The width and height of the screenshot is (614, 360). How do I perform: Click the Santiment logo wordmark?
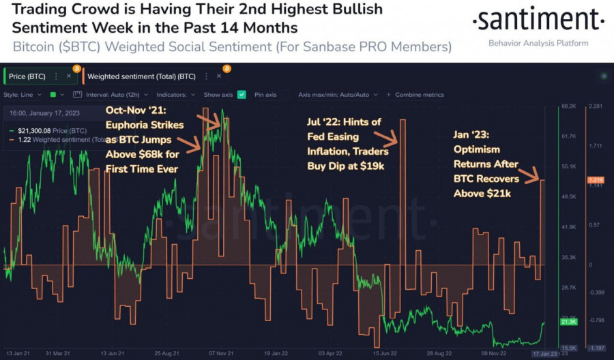(538, 20)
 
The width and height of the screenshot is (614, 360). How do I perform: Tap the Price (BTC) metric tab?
(27, 76)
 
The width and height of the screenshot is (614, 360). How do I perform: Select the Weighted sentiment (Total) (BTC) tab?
(142, 76)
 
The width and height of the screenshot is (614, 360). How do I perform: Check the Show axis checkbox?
(242, 95)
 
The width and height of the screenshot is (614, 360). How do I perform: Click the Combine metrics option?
(419, 95)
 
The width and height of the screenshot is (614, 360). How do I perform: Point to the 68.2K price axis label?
(569, 107)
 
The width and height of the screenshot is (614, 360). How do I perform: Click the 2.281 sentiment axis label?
(595, 107)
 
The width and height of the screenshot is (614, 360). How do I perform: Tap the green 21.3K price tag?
(568, 321)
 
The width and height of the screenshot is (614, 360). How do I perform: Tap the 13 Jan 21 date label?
(16, 354)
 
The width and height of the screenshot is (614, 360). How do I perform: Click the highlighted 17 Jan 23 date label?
(545, 354)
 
